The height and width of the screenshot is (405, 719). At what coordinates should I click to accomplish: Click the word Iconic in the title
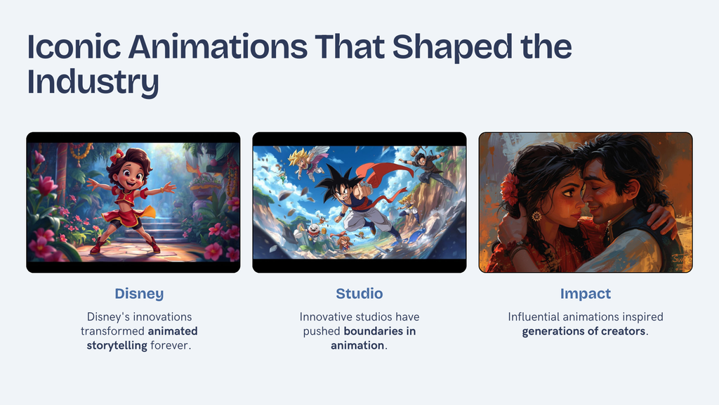[74, 46]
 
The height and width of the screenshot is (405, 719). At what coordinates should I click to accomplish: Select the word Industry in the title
[93, 82]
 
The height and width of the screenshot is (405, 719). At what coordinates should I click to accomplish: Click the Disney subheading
[139, 293]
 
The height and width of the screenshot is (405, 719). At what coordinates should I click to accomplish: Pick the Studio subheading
[359, 293]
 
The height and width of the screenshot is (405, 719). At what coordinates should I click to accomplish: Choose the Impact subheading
[585, 294]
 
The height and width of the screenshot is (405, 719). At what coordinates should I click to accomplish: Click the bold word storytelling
[117, 345]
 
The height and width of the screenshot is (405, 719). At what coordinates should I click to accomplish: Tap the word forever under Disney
[170, 345]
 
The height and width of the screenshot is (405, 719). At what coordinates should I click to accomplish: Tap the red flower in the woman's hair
[510, 188]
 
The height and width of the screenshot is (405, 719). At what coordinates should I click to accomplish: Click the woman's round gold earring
[536, 215]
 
